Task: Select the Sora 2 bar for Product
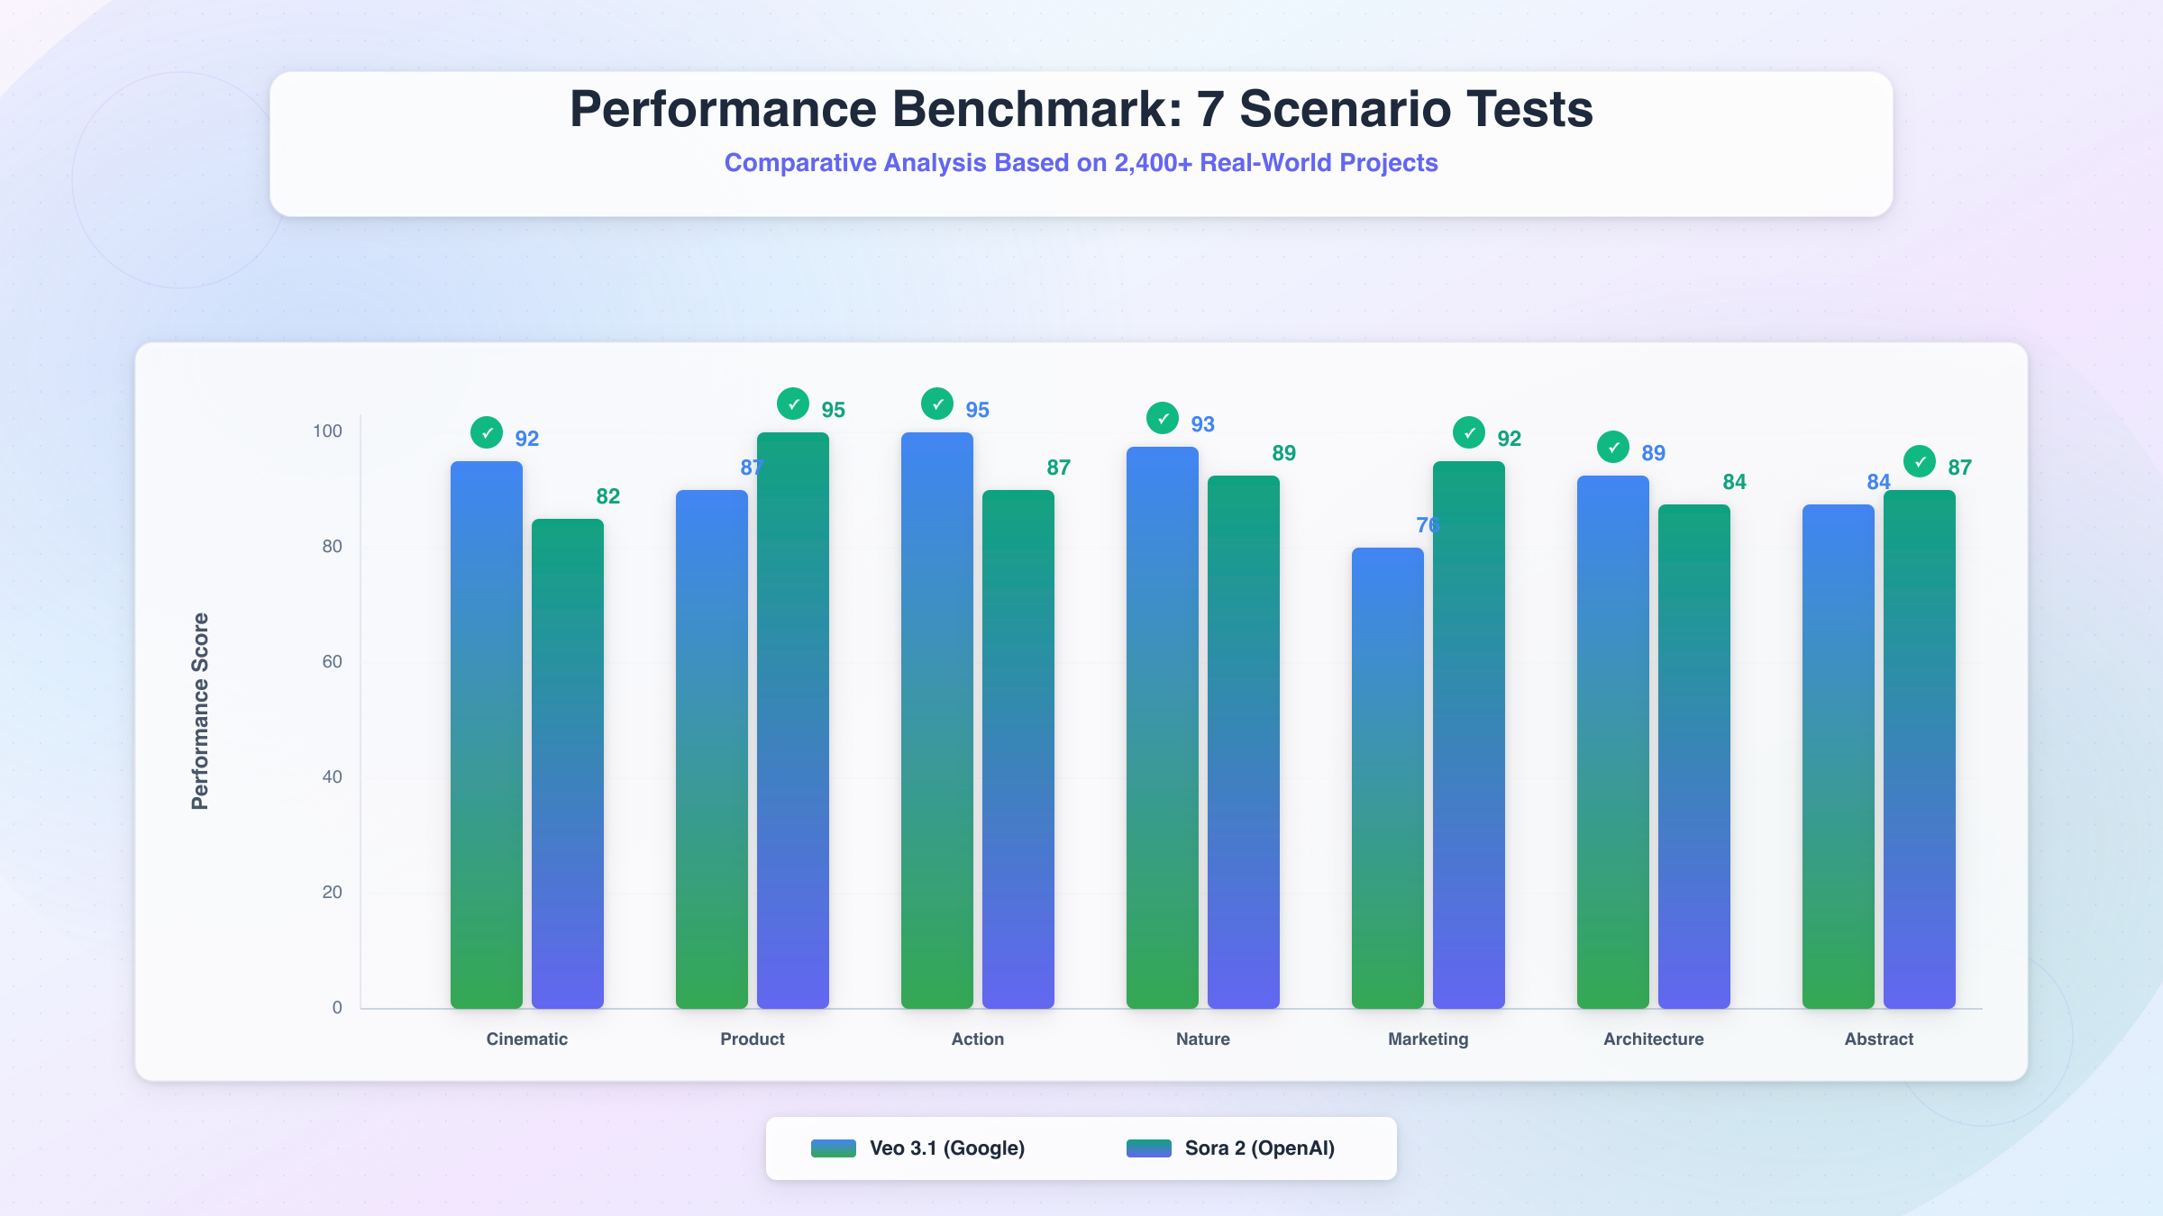click(793, 721)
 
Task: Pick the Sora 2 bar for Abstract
click(1920, 749)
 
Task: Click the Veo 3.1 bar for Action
click(937, 721)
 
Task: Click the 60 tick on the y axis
click(332, 662)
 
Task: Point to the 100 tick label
click(327, 431)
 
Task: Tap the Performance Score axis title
click(200, 712)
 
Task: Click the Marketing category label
click(1428, 1039)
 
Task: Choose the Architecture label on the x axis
click(1653, 1039)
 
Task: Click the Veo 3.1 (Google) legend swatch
click(833, 1148)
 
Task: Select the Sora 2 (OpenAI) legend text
click(1259, 1148)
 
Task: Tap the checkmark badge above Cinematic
click(487, 433)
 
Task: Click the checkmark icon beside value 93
click(1163, 418)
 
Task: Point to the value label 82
click(607, 496)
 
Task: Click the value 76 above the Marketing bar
click(1427, 525)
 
